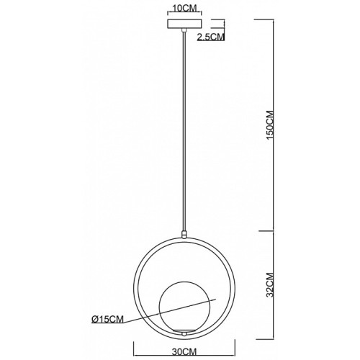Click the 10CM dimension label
tap(184, 8)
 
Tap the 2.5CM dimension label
tap(211, 37)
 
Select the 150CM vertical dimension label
tap(270, 125)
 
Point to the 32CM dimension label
tap(270, 285)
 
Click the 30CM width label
tap(184, 352)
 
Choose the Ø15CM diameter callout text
tap(107, 319)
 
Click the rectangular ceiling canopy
tap(184, 24)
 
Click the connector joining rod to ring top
tap(184, 234)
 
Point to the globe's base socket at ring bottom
tap(184, 332)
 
